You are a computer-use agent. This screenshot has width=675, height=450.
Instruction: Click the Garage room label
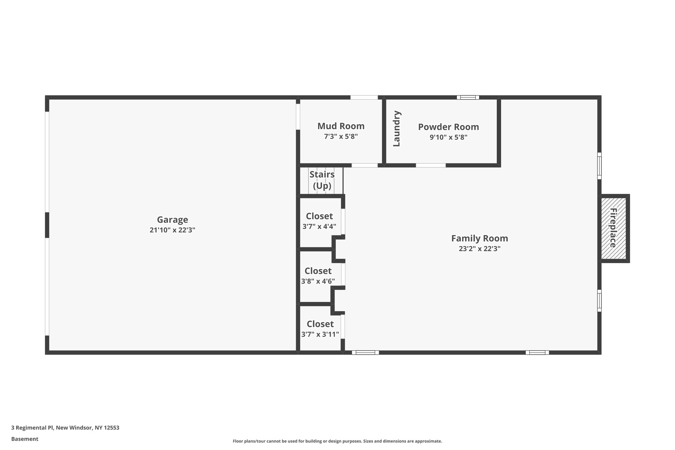(172, 220)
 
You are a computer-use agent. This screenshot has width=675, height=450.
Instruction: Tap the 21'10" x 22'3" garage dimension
(172, 230)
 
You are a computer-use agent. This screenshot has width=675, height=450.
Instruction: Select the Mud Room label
(341, 126)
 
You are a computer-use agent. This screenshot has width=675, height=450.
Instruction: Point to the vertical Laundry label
(396, 129)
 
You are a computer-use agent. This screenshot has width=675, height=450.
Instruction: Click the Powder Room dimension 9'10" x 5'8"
(448, 137)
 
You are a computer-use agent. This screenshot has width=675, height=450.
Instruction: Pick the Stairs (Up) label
(322, 180)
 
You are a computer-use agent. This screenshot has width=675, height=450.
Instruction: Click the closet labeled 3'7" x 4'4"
(319, 221)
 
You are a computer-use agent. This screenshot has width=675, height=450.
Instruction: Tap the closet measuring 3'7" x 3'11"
(320, 329)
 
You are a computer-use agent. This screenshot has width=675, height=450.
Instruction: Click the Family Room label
(479, 238)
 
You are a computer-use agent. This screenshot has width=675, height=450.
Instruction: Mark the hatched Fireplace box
(613, 228)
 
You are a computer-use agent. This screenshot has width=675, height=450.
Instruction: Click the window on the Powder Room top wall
(468, 97)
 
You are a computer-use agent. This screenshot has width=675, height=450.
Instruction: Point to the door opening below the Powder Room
(430, 165)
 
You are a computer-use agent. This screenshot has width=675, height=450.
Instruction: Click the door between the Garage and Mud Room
(298, 117)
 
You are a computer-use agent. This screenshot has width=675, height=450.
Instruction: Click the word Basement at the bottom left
(25, 439)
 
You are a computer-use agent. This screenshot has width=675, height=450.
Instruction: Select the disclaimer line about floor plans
(337, 441)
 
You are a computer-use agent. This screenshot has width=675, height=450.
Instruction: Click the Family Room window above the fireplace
(599, 166)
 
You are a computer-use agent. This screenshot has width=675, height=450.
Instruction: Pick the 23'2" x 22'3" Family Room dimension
(479, 249)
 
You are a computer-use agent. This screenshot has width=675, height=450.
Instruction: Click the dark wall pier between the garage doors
(47, 225)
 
